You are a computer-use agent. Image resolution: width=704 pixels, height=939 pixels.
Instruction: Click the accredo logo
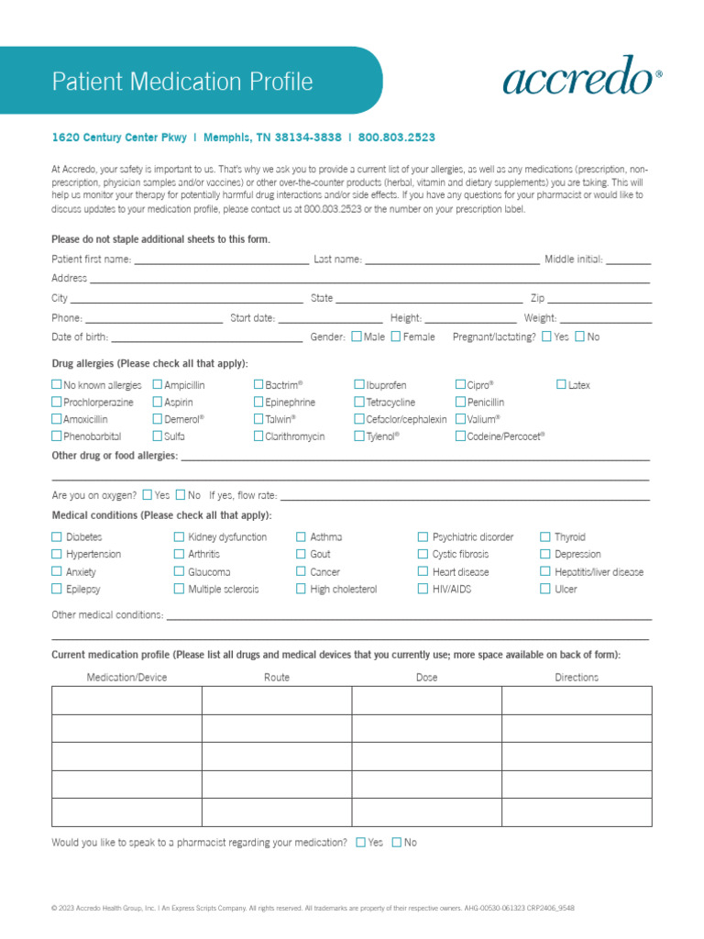point(582,75)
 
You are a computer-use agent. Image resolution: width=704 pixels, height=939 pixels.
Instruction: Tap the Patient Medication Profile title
point(182,82)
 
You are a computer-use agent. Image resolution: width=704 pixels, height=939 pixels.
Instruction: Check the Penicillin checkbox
point(460,403)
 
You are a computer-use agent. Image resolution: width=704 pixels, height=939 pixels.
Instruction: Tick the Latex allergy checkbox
point(561,385)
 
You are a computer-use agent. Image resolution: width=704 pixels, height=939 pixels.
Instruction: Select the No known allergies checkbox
point(57,385)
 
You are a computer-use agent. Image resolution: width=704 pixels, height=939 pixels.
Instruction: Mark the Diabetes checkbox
point(57,537)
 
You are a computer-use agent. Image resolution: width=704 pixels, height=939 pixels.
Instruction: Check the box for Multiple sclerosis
point(179,590)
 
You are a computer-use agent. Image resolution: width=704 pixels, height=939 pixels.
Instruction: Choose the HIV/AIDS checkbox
point(423,590)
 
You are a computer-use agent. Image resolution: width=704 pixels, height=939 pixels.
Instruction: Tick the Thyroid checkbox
point(545,537)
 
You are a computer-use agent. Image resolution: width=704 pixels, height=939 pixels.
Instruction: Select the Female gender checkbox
point(395,337)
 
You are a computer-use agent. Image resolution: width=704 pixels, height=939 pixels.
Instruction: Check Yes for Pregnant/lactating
point(546,337)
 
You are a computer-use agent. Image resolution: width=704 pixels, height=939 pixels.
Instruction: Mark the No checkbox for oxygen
point(181,495)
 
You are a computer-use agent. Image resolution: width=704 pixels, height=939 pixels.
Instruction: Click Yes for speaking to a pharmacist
point(360,843)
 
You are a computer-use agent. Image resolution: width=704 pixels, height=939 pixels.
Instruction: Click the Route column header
point(276,678)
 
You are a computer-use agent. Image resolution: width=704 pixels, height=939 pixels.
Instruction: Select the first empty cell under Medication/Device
point(126,701)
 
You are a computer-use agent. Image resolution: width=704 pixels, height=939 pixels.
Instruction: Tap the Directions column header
point(576,678)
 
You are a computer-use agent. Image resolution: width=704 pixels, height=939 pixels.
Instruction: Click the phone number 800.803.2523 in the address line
point(397,138)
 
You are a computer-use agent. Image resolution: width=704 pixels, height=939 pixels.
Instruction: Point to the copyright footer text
point(313,909)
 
